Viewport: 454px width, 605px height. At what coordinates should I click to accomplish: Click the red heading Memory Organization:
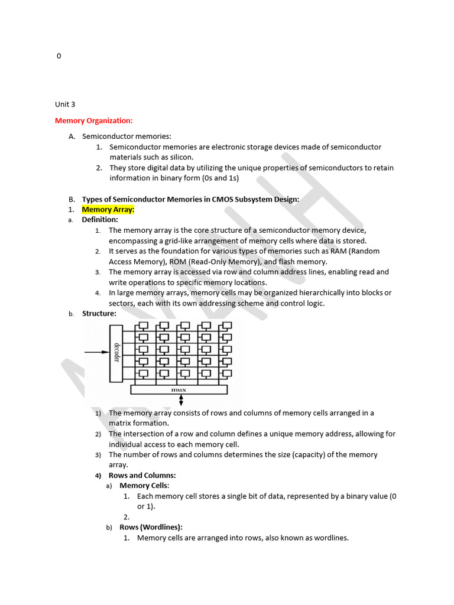[x=93, y=121]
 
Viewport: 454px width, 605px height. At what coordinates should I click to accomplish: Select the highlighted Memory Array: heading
[x=108, y=209]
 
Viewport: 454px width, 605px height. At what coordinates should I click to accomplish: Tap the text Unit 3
[x=65, y=105]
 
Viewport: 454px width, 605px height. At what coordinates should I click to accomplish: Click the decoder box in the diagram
[x=116, y=353]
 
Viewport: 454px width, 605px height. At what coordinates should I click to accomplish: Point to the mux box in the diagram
[x=179, y=389]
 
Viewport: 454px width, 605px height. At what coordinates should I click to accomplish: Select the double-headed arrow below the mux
[x=181, y=401]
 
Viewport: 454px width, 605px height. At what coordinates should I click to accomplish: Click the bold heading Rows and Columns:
[x=142, y=475]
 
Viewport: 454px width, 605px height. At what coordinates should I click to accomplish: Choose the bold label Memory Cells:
[x=144, y=486]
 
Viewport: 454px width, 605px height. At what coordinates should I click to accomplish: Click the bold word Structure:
[x=99, y=314]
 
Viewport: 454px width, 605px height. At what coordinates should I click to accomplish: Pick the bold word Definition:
[x=100, y=220]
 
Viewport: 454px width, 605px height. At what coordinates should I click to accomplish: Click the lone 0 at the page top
[x=59, y=56]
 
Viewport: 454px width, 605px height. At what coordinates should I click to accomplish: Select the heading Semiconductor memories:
[x=127, y=136]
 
